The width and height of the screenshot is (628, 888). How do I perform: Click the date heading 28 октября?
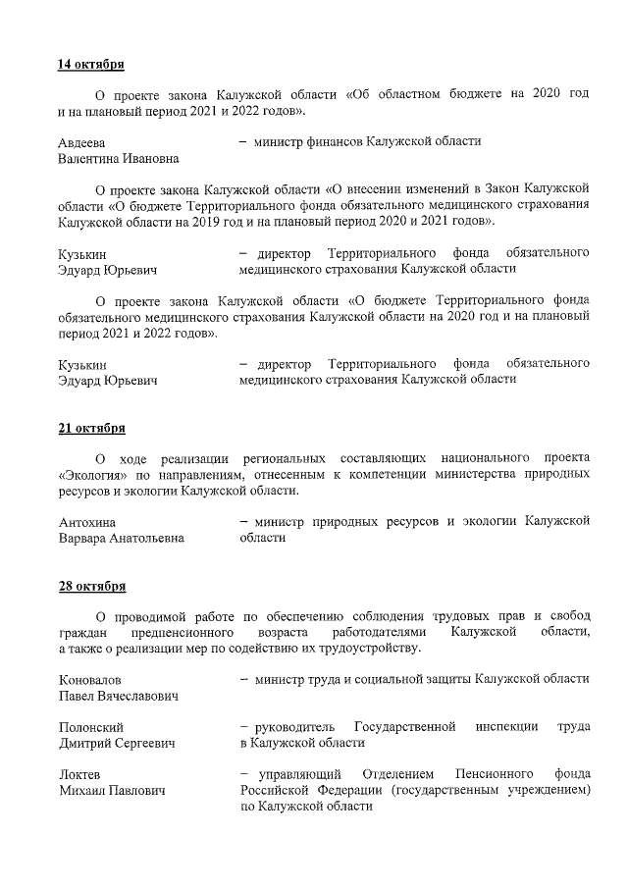[x=91, y=587]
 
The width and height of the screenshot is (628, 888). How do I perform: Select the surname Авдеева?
[x=81, y=142]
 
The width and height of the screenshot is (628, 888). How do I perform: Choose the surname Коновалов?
[x=90, y=680]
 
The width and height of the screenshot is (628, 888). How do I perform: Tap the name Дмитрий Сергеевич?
[x=117, y=744]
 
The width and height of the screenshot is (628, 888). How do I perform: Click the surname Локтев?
[x=79, y=775]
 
